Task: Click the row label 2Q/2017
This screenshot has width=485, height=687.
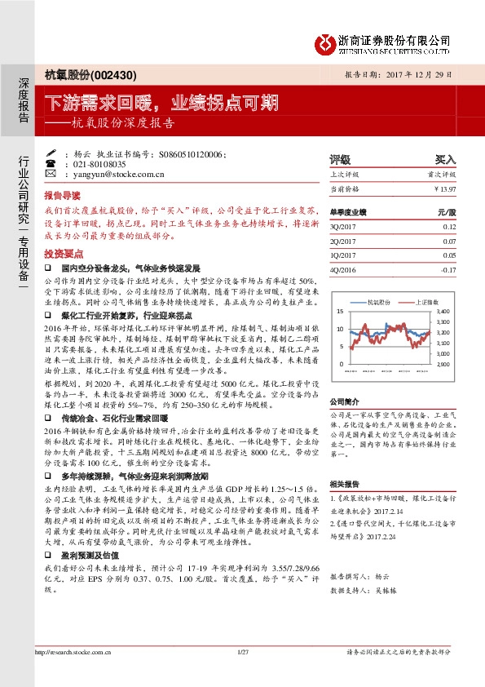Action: [x=342, y=242]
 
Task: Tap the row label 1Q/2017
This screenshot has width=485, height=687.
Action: [x=342, y=255]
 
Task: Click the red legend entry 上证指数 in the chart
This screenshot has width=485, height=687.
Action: [x=426, y=302]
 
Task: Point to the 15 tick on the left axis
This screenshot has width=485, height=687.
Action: [x=339, y=312]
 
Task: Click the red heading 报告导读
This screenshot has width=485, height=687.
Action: [x=62, y=196]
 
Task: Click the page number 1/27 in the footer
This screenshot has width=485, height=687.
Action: [x=241, y=651]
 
